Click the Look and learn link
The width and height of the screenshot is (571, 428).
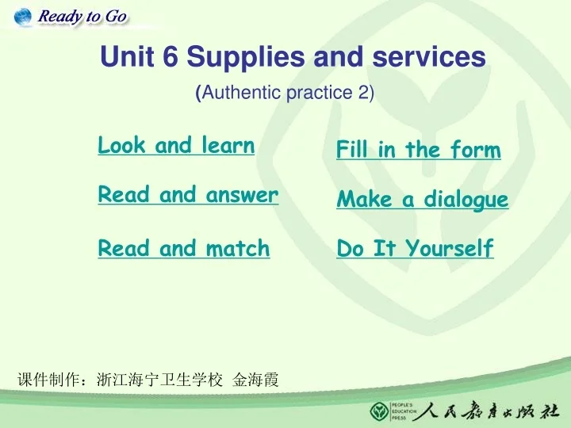pyautogui.click(x=176, y=146)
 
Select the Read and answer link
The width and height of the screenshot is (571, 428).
pyautogui.click(x=188, y=195)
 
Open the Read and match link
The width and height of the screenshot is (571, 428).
pyautogui.click(x=184, y=249)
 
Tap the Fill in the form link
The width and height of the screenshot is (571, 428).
pyautogui.click(x=418, y=150)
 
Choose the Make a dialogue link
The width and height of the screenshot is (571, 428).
pyautogui.click(x=422, y=200)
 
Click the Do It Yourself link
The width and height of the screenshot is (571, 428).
pyautogui.click(x=415, y=249)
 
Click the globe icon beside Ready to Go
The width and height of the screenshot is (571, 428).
pyautogui.click(x=23, y=16)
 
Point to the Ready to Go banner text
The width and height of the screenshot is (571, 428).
pyautogui.click(x=82, y=17)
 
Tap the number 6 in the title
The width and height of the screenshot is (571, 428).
pyautogui.click(x=171, y=57)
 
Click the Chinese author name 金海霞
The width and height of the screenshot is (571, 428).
pyautogui.click(x=255, y=380)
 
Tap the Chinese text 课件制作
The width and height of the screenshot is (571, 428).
pyautogui.click(x=48, y=380)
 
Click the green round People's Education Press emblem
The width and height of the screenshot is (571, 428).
pyautogui.click(x=380, y=411)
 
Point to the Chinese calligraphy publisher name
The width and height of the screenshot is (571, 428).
pyautogui.click(x=485, y=411)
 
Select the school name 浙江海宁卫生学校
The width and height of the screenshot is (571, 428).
pyautogui.click(x=159, y=380)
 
